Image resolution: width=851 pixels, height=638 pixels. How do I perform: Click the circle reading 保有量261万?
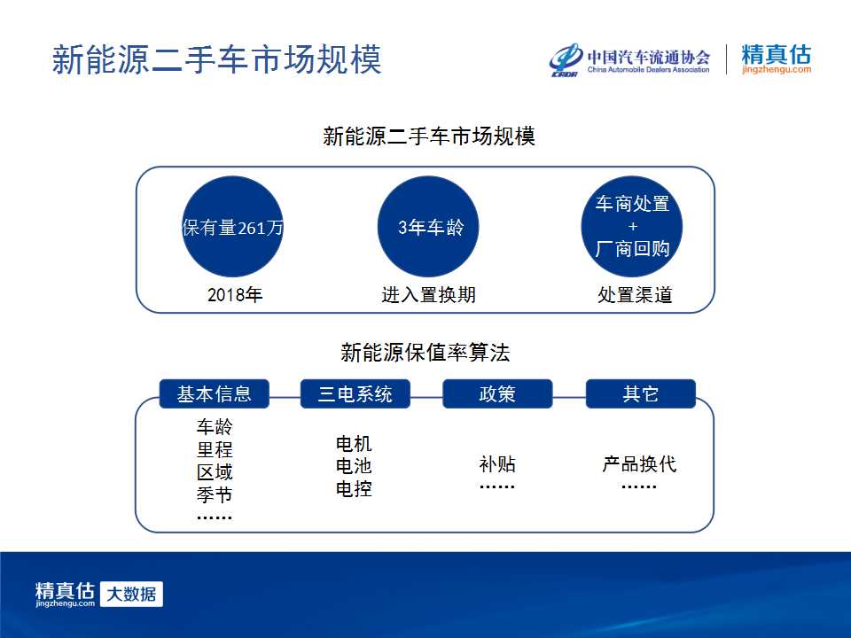[232, 227]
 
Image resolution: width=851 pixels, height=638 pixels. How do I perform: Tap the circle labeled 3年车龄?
[428, 227]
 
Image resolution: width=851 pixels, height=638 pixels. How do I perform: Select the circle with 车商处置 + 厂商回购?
[632, 227]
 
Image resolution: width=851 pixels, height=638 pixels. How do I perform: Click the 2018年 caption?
[234, 295]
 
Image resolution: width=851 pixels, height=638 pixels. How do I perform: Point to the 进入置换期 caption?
[429, 295]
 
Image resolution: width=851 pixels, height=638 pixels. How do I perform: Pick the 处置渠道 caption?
[635, 295]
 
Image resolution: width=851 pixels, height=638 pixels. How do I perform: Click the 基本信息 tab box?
[215, 393]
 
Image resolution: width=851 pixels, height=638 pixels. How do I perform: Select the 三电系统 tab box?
[355, 393]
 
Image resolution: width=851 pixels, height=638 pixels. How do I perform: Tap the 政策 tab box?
[497, 393]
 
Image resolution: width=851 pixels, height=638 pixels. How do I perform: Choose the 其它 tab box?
[641, 393]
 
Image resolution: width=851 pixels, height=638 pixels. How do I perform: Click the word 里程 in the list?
[215, 450]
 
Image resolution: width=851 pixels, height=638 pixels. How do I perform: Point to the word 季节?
[215, 494]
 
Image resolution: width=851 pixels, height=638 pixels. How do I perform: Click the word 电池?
[354, 466]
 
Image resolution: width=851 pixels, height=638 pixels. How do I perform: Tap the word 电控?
[354, 489]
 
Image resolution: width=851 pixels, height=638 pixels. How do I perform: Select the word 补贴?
[497, 464]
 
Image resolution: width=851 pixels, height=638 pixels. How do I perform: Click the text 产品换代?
[639, 464]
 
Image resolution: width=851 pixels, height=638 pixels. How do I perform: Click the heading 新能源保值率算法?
[425, 353]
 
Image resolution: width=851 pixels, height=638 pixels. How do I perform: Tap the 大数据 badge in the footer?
[132, 594]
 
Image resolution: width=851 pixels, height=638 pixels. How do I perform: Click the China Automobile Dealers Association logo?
[629, 59]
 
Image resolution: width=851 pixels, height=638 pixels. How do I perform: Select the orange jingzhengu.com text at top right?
[777, 69]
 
